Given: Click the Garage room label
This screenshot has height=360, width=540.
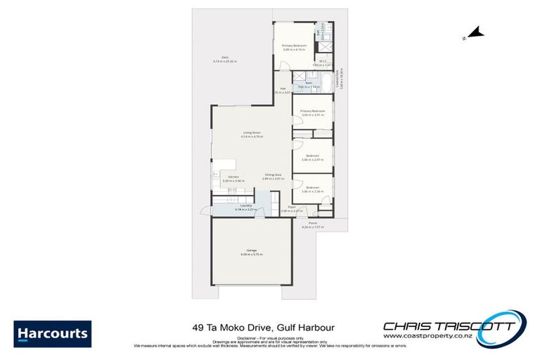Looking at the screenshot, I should (251, 251).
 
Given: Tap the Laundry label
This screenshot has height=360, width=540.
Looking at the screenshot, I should (226, 205).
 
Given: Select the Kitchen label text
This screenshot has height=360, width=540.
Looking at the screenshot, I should (233, 177).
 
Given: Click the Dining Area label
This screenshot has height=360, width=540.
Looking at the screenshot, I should (274, 175).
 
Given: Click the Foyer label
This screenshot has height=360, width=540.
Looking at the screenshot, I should (290, 207).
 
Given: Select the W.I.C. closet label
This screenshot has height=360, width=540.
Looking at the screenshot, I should (323, 62).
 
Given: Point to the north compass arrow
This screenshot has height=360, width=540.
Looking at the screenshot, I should (476, 32).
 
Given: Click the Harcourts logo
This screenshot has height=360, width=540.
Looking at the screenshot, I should (51, 333).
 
